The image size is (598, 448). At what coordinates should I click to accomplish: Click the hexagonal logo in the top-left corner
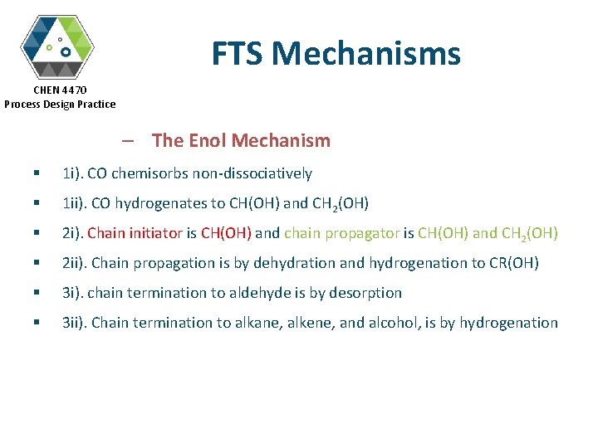coord(57,45)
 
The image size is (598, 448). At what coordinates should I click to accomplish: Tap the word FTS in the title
coord(238,54)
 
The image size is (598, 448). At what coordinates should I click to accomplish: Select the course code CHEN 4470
coord(60,90)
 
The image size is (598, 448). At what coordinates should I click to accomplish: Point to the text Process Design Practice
coord(60,104)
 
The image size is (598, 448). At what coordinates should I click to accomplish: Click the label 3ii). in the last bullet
coord(75,323)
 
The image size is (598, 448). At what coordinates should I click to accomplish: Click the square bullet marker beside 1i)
coord(37,174)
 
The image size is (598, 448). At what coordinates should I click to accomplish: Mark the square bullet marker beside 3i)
coord(37,294)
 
